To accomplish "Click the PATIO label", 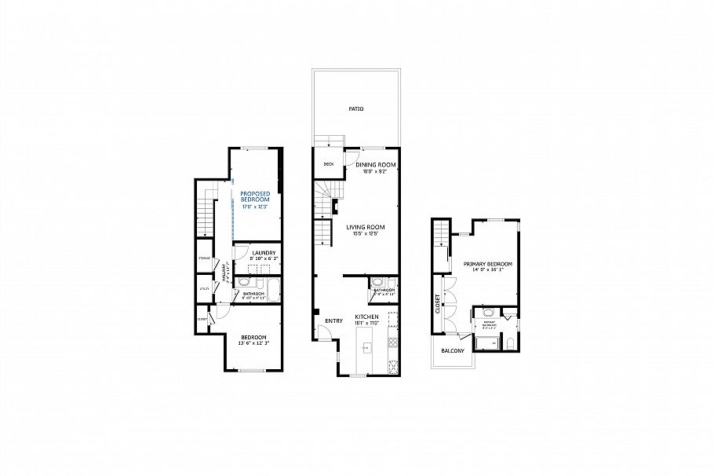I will (x=355, y=109).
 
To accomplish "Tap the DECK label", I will (x=329, y=165).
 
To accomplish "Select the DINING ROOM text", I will (x=375, y=164).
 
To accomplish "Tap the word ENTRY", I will (x=333, y=320).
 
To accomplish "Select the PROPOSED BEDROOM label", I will (x=255, y=196).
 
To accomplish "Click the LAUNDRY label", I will (x=263, y=253).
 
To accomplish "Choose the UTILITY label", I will (x=204, y=289).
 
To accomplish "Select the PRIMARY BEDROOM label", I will (x=487, y=264).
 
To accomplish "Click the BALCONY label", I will (x=452, y=350).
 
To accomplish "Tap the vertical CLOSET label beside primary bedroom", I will (x=437, y=304).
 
